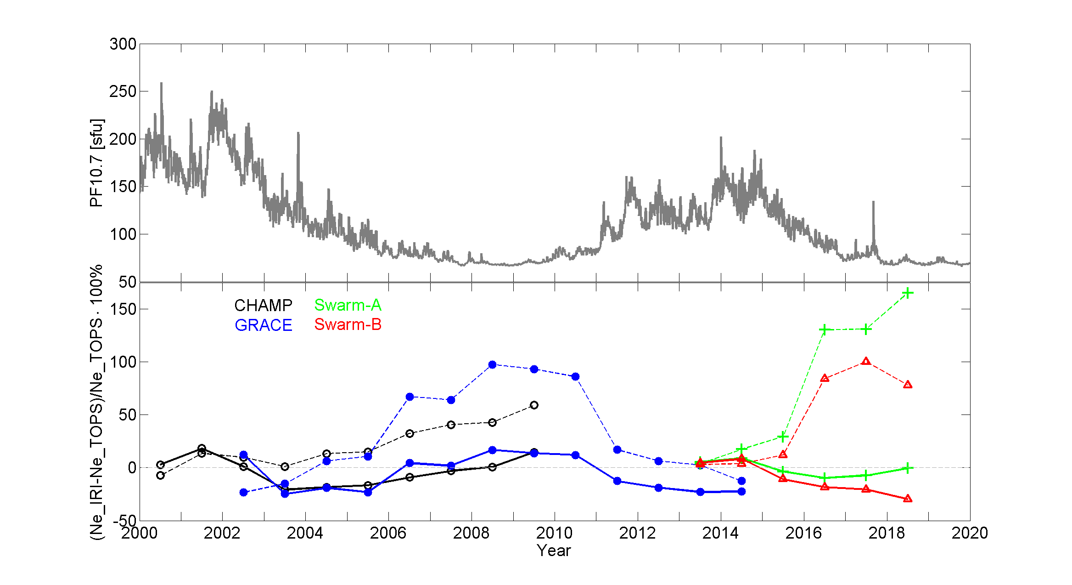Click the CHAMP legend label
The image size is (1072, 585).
263,306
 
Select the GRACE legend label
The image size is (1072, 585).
263,325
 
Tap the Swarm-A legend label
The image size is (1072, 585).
348,305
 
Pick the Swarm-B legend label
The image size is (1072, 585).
348,325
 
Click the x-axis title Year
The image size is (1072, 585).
554,551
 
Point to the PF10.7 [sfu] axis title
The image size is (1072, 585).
97,163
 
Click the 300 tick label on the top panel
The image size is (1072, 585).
123,45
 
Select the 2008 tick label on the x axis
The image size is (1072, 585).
471,533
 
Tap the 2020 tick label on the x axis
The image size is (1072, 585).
969,533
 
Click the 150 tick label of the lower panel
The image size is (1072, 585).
123,309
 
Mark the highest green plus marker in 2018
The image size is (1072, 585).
907,293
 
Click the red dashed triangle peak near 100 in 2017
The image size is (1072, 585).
866,361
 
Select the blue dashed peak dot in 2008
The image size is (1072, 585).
492,365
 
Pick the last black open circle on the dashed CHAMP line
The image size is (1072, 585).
534,405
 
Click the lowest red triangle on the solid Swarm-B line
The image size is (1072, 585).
907,499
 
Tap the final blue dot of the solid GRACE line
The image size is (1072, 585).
741,492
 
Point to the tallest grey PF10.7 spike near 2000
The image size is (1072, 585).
161,84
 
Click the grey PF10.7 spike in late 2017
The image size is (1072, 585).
873,203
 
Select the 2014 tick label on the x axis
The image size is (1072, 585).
720,533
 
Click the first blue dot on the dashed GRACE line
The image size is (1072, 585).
243,493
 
